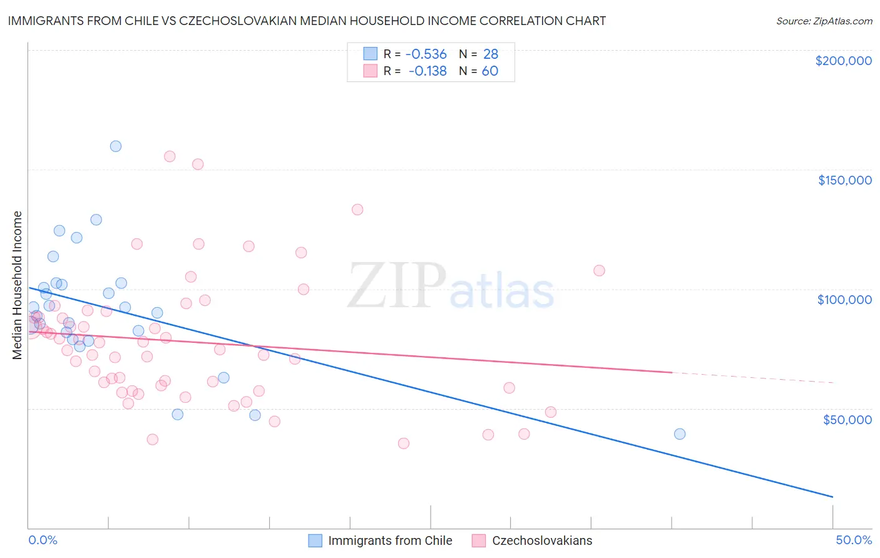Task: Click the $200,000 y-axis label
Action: [x=843, y=61]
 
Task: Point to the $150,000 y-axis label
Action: [x=844, y=180]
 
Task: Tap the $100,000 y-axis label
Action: [x=844, y=300]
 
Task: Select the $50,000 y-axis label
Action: [x=847, y=419]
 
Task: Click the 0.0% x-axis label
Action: [x=43, y=540]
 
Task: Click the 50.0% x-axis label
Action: [x=854, y=540]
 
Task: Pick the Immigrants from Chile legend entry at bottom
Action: [x=381, y=540]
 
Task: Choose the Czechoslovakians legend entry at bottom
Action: [x=532, y=540]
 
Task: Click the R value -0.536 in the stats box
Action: [x=426, y=54]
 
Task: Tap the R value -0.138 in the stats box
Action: [x=427, y=71]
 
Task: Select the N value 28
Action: [x=491, y=54]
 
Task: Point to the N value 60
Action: [x=490, y=71]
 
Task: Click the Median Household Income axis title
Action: [x=18, y=285]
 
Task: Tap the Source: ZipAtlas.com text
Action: [x=824, y=21]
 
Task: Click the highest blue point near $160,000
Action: [x=116, y=146]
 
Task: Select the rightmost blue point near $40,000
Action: [x=680, y=434]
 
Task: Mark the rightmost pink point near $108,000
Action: [x=599, y=271]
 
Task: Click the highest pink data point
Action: [x=170, y=156]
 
